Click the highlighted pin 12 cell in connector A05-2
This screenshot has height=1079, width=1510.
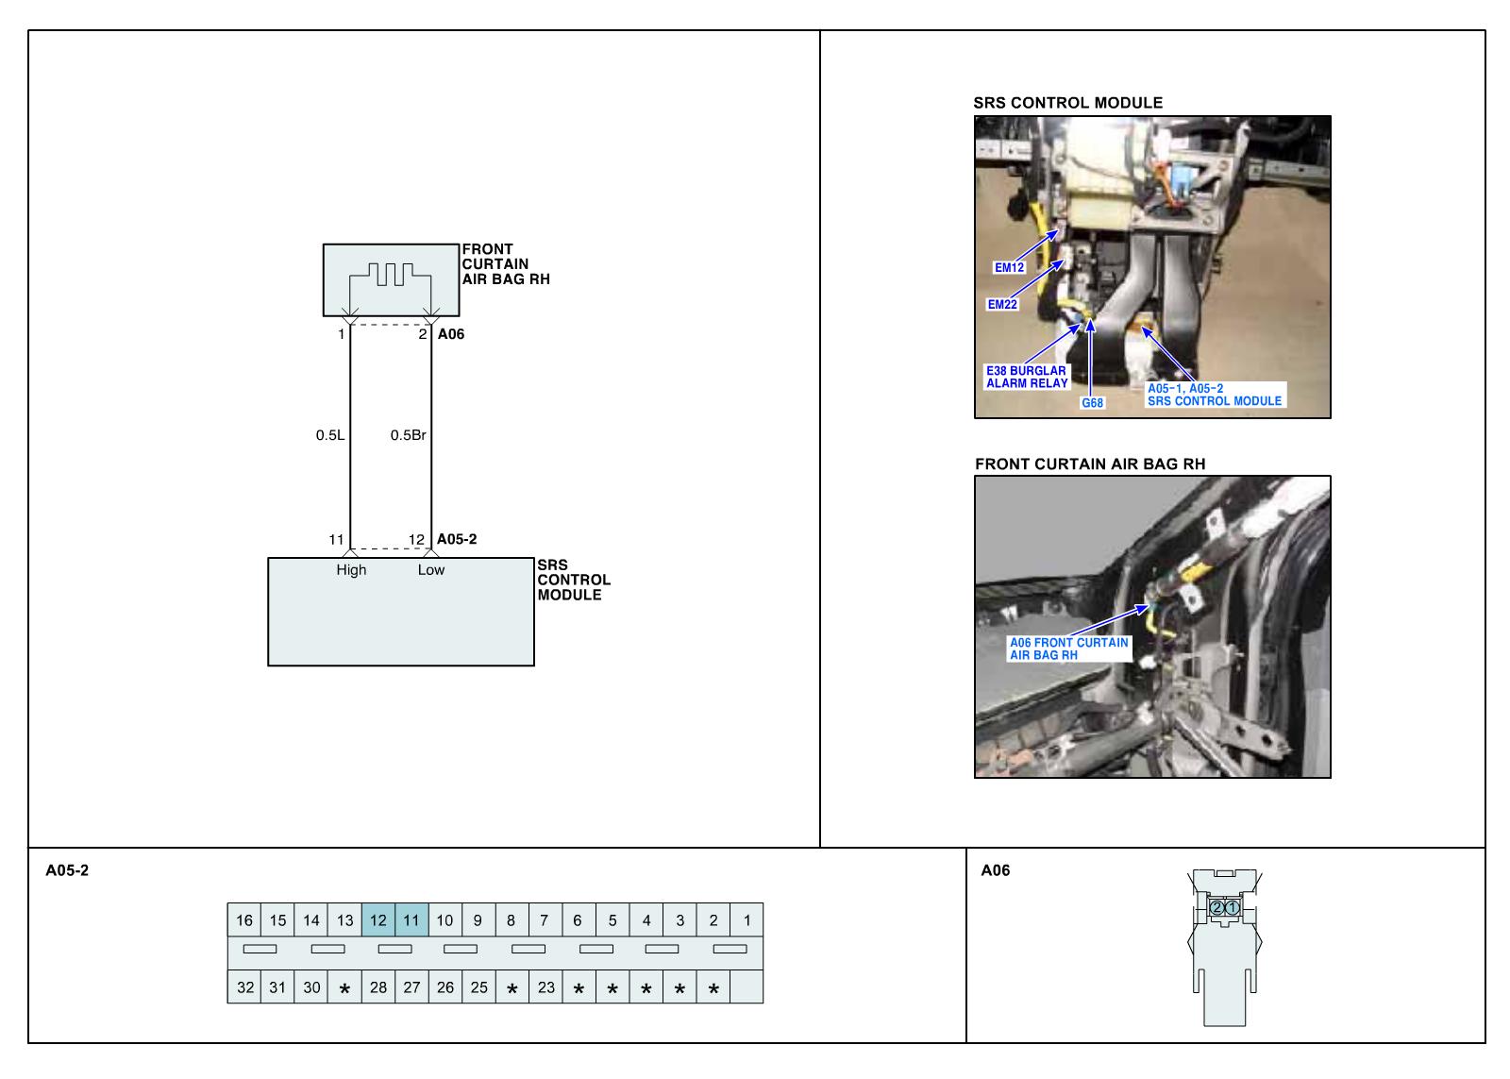(378, 920)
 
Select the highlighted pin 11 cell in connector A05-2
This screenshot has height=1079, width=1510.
(411, 920)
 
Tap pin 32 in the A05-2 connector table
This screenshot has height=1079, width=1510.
(245, 987)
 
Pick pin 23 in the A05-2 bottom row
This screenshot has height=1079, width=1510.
(546, 987)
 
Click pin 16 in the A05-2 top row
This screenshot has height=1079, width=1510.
(244, 920)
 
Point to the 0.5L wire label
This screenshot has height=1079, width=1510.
(330, 435)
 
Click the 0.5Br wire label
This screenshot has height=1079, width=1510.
(409, 435)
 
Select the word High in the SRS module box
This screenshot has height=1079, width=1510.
(351, 569)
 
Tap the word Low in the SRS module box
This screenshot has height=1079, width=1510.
(431, 569)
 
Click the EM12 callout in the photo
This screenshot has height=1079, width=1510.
(1009, 267)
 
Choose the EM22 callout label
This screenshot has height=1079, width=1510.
(1002, 305)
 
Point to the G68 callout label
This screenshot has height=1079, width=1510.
(1092, 403)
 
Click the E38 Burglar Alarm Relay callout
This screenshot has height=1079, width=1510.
(1027, 377)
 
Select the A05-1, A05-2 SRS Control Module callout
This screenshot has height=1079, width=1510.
(1214, 395)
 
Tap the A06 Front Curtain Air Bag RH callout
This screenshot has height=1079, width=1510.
(1068, 649)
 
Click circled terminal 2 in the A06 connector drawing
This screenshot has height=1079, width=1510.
(1217, 907)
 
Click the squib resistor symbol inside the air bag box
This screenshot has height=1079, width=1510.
(391, 275)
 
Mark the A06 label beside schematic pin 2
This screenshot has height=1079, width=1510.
(451, 334)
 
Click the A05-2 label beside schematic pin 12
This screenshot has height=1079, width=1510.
(457, 539)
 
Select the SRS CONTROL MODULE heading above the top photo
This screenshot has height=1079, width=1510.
(1067, 103)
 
